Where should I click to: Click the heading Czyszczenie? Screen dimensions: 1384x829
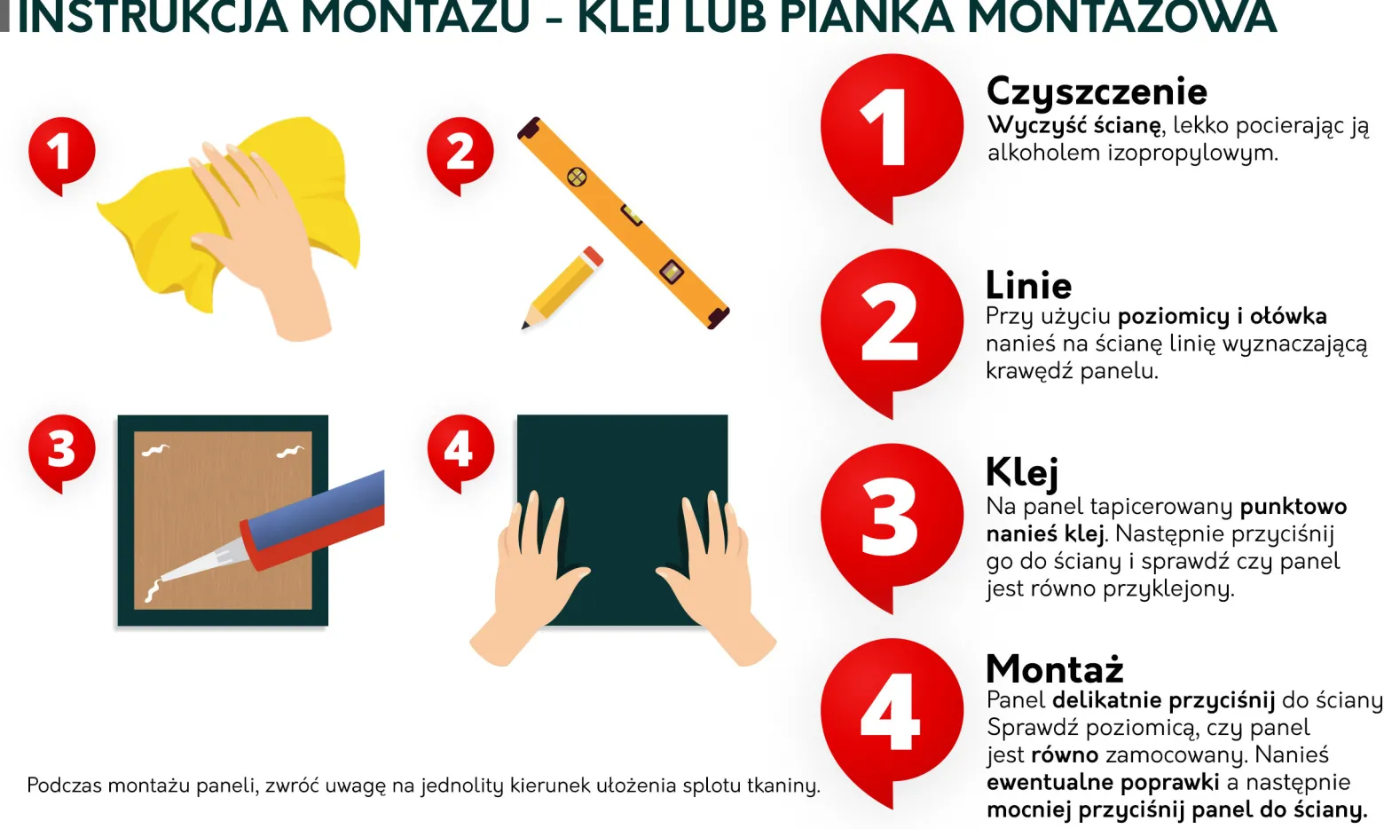tap(1097, 92)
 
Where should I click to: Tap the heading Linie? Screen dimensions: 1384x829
tap(1029, 286)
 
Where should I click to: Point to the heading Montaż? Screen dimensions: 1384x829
tap(1055, 668)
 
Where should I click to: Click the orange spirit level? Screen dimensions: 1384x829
tap(624, 223)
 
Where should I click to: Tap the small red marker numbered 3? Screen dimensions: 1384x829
tap(62, 449)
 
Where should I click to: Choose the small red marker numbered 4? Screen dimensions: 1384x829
tap(460, 449)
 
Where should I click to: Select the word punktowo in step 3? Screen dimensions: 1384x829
tap(1294, 507)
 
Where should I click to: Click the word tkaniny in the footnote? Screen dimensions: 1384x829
tap(783, 786)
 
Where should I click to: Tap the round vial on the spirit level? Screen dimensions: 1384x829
tap(577, 178)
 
